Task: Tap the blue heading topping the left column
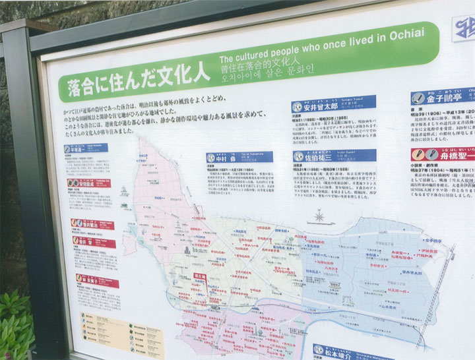(x=86, y=149)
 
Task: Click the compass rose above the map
(x=319, y=216)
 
